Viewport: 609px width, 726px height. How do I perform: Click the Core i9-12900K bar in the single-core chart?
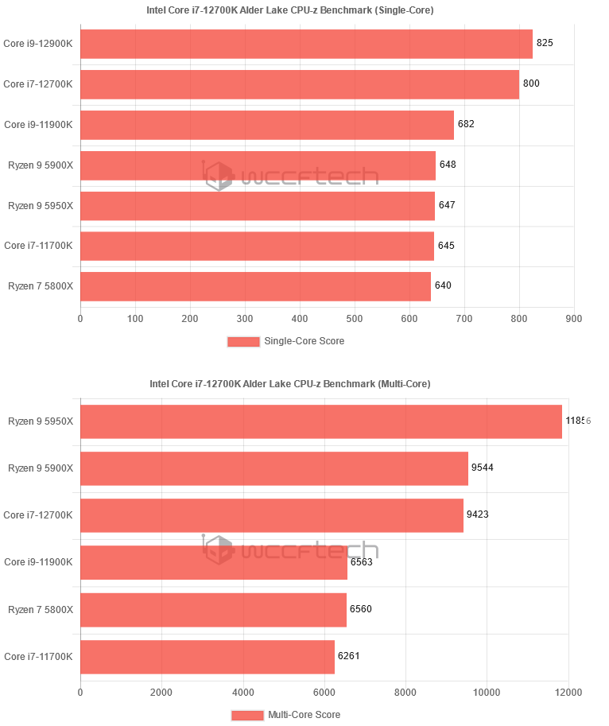click(x=306, y=44)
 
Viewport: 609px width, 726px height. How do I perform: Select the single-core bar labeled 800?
click(x=300, y=84)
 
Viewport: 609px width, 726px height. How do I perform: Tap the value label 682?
click(x=466, y=124)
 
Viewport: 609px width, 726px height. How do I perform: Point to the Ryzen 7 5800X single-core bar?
click(x=255, y=286)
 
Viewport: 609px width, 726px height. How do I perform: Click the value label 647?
click(x=447, y=205)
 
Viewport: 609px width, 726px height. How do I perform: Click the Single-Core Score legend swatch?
click(x=243, y=341)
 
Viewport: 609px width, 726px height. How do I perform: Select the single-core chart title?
click(x=289, y=10)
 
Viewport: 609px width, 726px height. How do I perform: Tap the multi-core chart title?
click(x=289, y=384)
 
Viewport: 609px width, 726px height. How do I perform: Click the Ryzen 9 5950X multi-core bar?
click(x=321, y=421)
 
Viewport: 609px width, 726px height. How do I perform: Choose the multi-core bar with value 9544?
click(x=274, y=468)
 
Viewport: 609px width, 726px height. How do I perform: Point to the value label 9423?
click(x=478, y=514)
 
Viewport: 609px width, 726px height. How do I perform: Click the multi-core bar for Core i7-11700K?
click(x=208, y=657)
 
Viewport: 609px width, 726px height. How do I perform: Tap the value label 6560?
click(x=361, y=610)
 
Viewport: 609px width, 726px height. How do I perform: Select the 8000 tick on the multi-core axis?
click(x=405, y=692)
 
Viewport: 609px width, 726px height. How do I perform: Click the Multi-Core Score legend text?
click(x=304, y=715)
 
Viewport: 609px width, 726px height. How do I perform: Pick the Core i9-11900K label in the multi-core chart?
click(x=38, y=562)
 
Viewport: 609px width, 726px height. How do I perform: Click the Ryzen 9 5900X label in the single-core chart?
click(x=41, y=165)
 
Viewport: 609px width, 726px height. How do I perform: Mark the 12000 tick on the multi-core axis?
click(x=568, y=692)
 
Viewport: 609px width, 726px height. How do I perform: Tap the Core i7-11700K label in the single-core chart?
click(x=38, y=246)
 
